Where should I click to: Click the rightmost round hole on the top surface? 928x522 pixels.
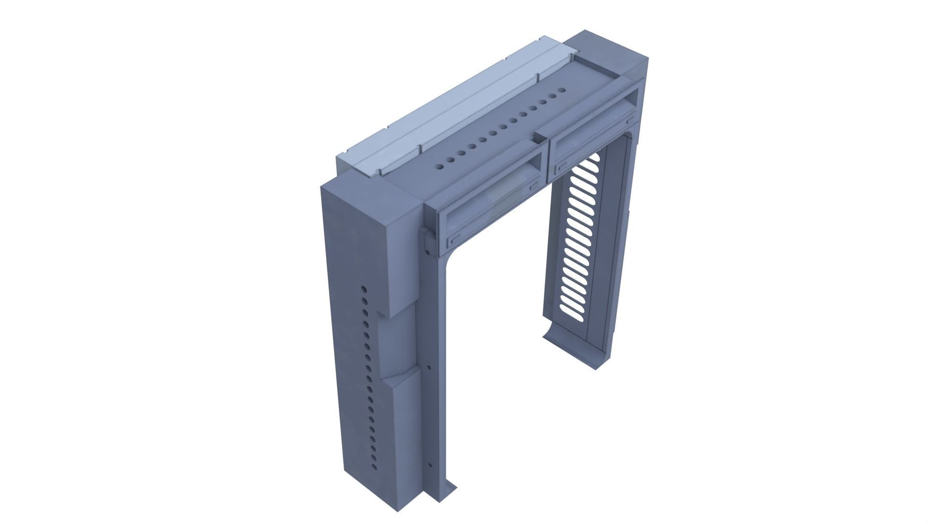[561, 90]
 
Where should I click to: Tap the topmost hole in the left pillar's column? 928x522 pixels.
[363, 290]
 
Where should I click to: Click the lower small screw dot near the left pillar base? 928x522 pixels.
[431, 466]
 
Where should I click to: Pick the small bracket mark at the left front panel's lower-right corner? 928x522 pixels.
[535, 184]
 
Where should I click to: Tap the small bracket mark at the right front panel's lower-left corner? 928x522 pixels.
[562, 168]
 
